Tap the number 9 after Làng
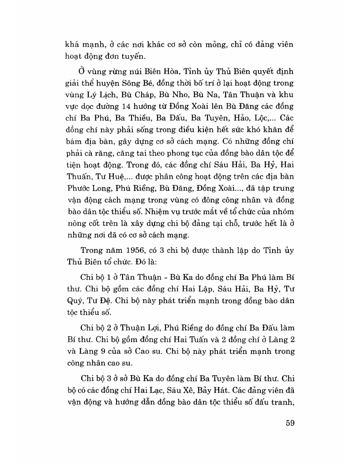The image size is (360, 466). coord(110,350)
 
